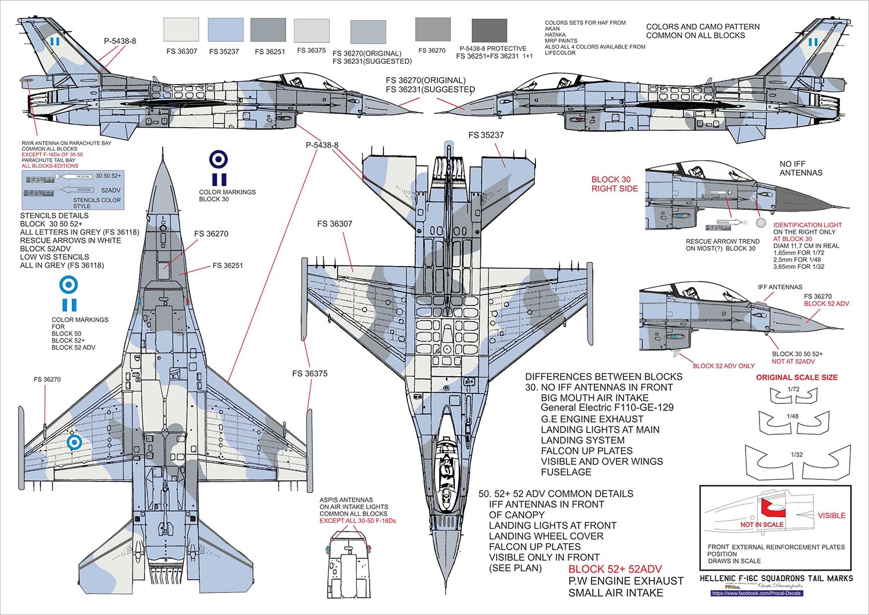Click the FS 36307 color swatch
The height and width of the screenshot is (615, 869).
click(x=181, y=30)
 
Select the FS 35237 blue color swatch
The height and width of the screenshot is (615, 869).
click(x=225, y=30)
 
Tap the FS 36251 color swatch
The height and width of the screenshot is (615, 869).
click(x=268, y=30)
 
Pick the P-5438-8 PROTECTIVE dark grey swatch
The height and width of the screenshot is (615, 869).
click(x=490, y=30)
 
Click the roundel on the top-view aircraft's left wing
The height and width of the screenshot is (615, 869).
click(x=74, y=443)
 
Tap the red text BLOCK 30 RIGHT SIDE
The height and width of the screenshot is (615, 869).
click(x=615, y=184)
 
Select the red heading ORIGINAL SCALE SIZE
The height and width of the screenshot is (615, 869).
click(x=797, y=377)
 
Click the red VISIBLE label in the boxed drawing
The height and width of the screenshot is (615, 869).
click(x=831, y=515)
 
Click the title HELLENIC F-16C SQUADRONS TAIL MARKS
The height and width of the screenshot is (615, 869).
click(x=776, y=578)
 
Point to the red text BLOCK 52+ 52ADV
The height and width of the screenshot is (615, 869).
click(x=615, y=569)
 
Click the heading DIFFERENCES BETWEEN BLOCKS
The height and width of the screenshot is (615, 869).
click(x=603, y=377)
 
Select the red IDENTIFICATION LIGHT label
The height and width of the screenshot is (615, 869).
click(x=808, y=225)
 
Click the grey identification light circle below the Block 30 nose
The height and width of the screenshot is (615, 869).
click(x=761, y=223)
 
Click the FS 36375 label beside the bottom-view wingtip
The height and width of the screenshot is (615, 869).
click(x=309, y=374)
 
